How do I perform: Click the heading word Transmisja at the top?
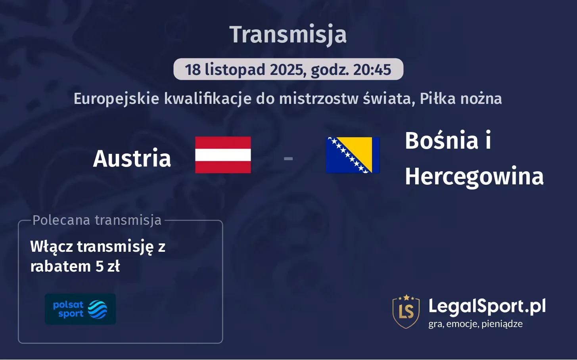[288, 34]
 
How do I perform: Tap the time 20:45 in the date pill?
[372, 70]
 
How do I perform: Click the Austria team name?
[132, 158]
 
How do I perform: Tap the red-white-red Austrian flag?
[223, 155]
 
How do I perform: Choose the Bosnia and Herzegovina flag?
[353, 155]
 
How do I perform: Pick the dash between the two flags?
[288, 159]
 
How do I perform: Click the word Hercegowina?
[474, 176]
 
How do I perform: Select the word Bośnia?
[441, 140]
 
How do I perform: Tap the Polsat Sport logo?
[80, 309]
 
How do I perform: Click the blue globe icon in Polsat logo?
[98, 309]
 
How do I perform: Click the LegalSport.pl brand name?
[487, 306]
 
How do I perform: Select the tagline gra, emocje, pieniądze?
[475, 324]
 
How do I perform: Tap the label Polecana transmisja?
[97, 220]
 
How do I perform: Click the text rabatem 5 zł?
[75, 266]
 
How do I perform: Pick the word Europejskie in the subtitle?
[116, 98]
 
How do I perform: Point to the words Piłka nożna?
[460, 98]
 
